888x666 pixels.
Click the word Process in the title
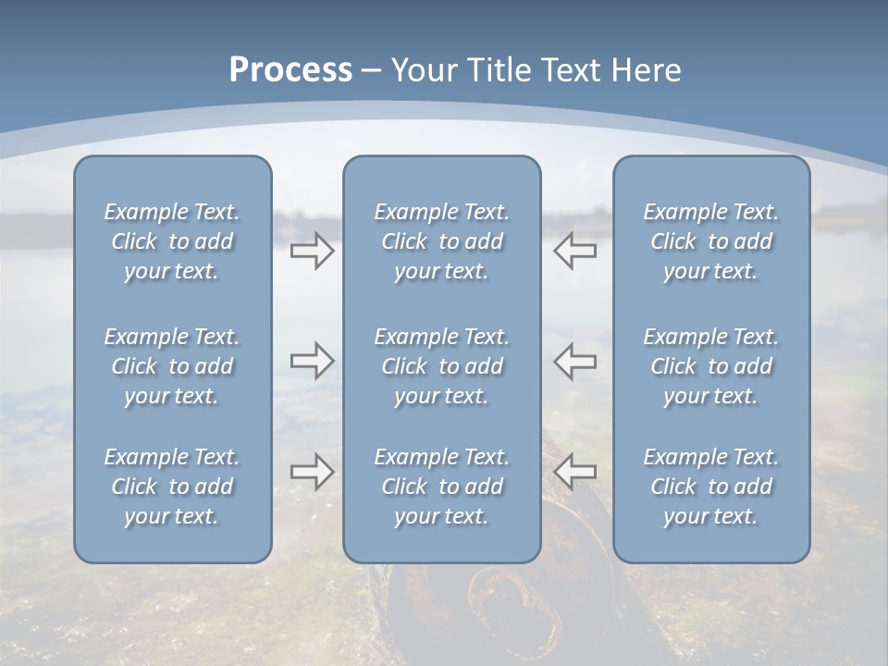(x=290, y=70)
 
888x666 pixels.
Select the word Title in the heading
(x=498, y=70)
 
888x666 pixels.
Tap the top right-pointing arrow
(x=313, y=251)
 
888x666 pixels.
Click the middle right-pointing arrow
(x=313, y=361)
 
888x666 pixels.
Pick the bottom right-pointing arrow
(x=313, y=472)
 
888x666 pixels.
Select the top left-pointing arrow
(x=574, y=251)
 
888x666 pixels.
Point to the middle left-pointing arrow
(x=574, y=361)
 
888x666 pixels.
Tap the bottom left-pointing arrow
(x=574, y=472)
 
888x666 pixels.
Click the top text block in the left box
(x=172, y=241)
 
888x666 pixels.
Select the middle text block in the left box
(x=172, y=366)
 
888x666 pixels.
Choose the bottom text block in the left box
(x=172, y=487)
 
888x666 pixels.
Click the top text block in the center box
(x=441, y=241)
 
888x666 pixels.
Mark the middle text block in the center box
(x=441, y=366)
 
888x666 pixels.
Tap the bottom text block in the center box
(x=441, y=487)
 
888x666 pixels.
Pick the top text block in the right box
(x=710, y=241)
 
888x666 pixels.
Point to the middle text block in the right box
(x=710, y=366)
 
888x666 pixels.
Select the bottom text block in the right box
(x=710, y=487)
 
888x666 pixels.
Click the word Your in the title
(x=423, y=70)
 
